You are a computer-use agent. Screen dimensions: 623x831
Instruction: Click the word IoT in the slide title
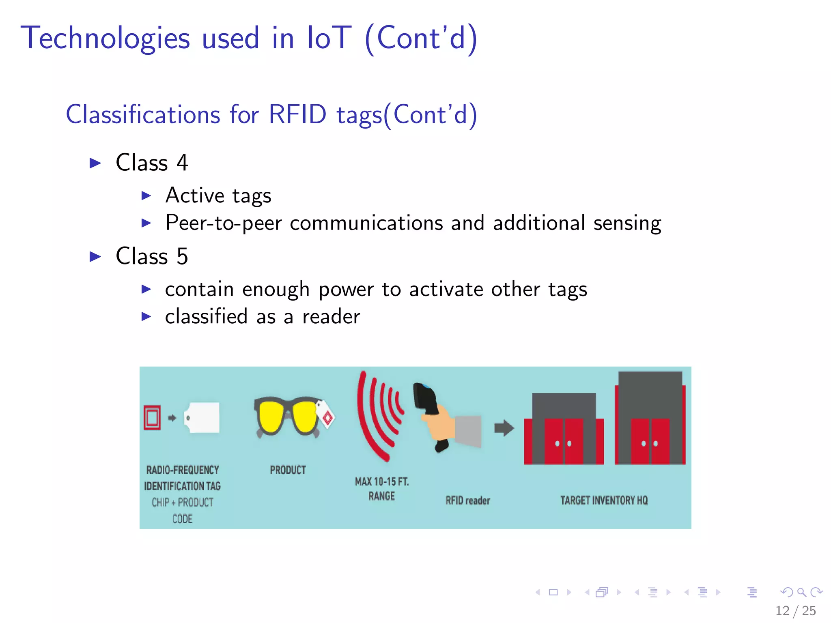[329, 38]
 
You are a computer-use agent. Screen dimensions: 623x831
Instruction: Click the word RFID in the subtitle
[297, 114]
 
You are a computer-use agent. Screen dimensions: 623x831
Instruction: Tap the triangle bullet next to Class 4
[95, 163]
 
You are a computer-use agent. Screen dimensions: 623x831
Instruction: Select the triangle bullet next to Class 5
[95, 257]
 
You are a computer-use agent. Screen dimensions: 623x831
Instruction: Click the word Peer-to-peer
[223, 223]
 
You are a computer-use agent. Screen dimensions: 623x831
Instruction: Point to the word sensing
[627, 223]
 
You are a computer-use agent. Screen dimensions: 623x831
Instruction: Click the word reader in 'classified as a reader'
[331, 317]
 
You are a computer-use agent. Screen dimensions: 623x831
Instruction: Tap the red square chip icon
[152, 417]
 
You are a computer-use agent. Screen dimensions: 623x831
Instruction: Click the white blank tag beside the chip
[202, 417]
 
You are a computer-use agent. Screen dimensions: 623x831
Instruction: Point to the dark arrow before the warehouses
[504, 428]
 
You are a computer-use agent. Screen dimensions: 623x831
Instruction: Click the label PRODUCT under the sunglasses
[288, 470]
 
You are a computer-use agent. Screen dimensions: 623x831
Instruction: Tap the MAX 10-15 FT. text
[381, 482]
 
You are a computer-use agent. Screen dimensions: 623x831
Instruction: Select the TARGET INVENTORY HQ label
[604, 501]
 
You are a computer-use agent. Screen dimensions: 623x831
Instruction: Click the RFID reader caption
[467, 501]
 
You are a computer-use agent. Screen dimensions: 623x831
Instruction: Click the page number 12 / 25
[795, 610]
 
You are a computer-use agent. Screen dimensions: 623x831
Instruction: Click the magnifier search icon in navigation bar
[801, 593]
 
